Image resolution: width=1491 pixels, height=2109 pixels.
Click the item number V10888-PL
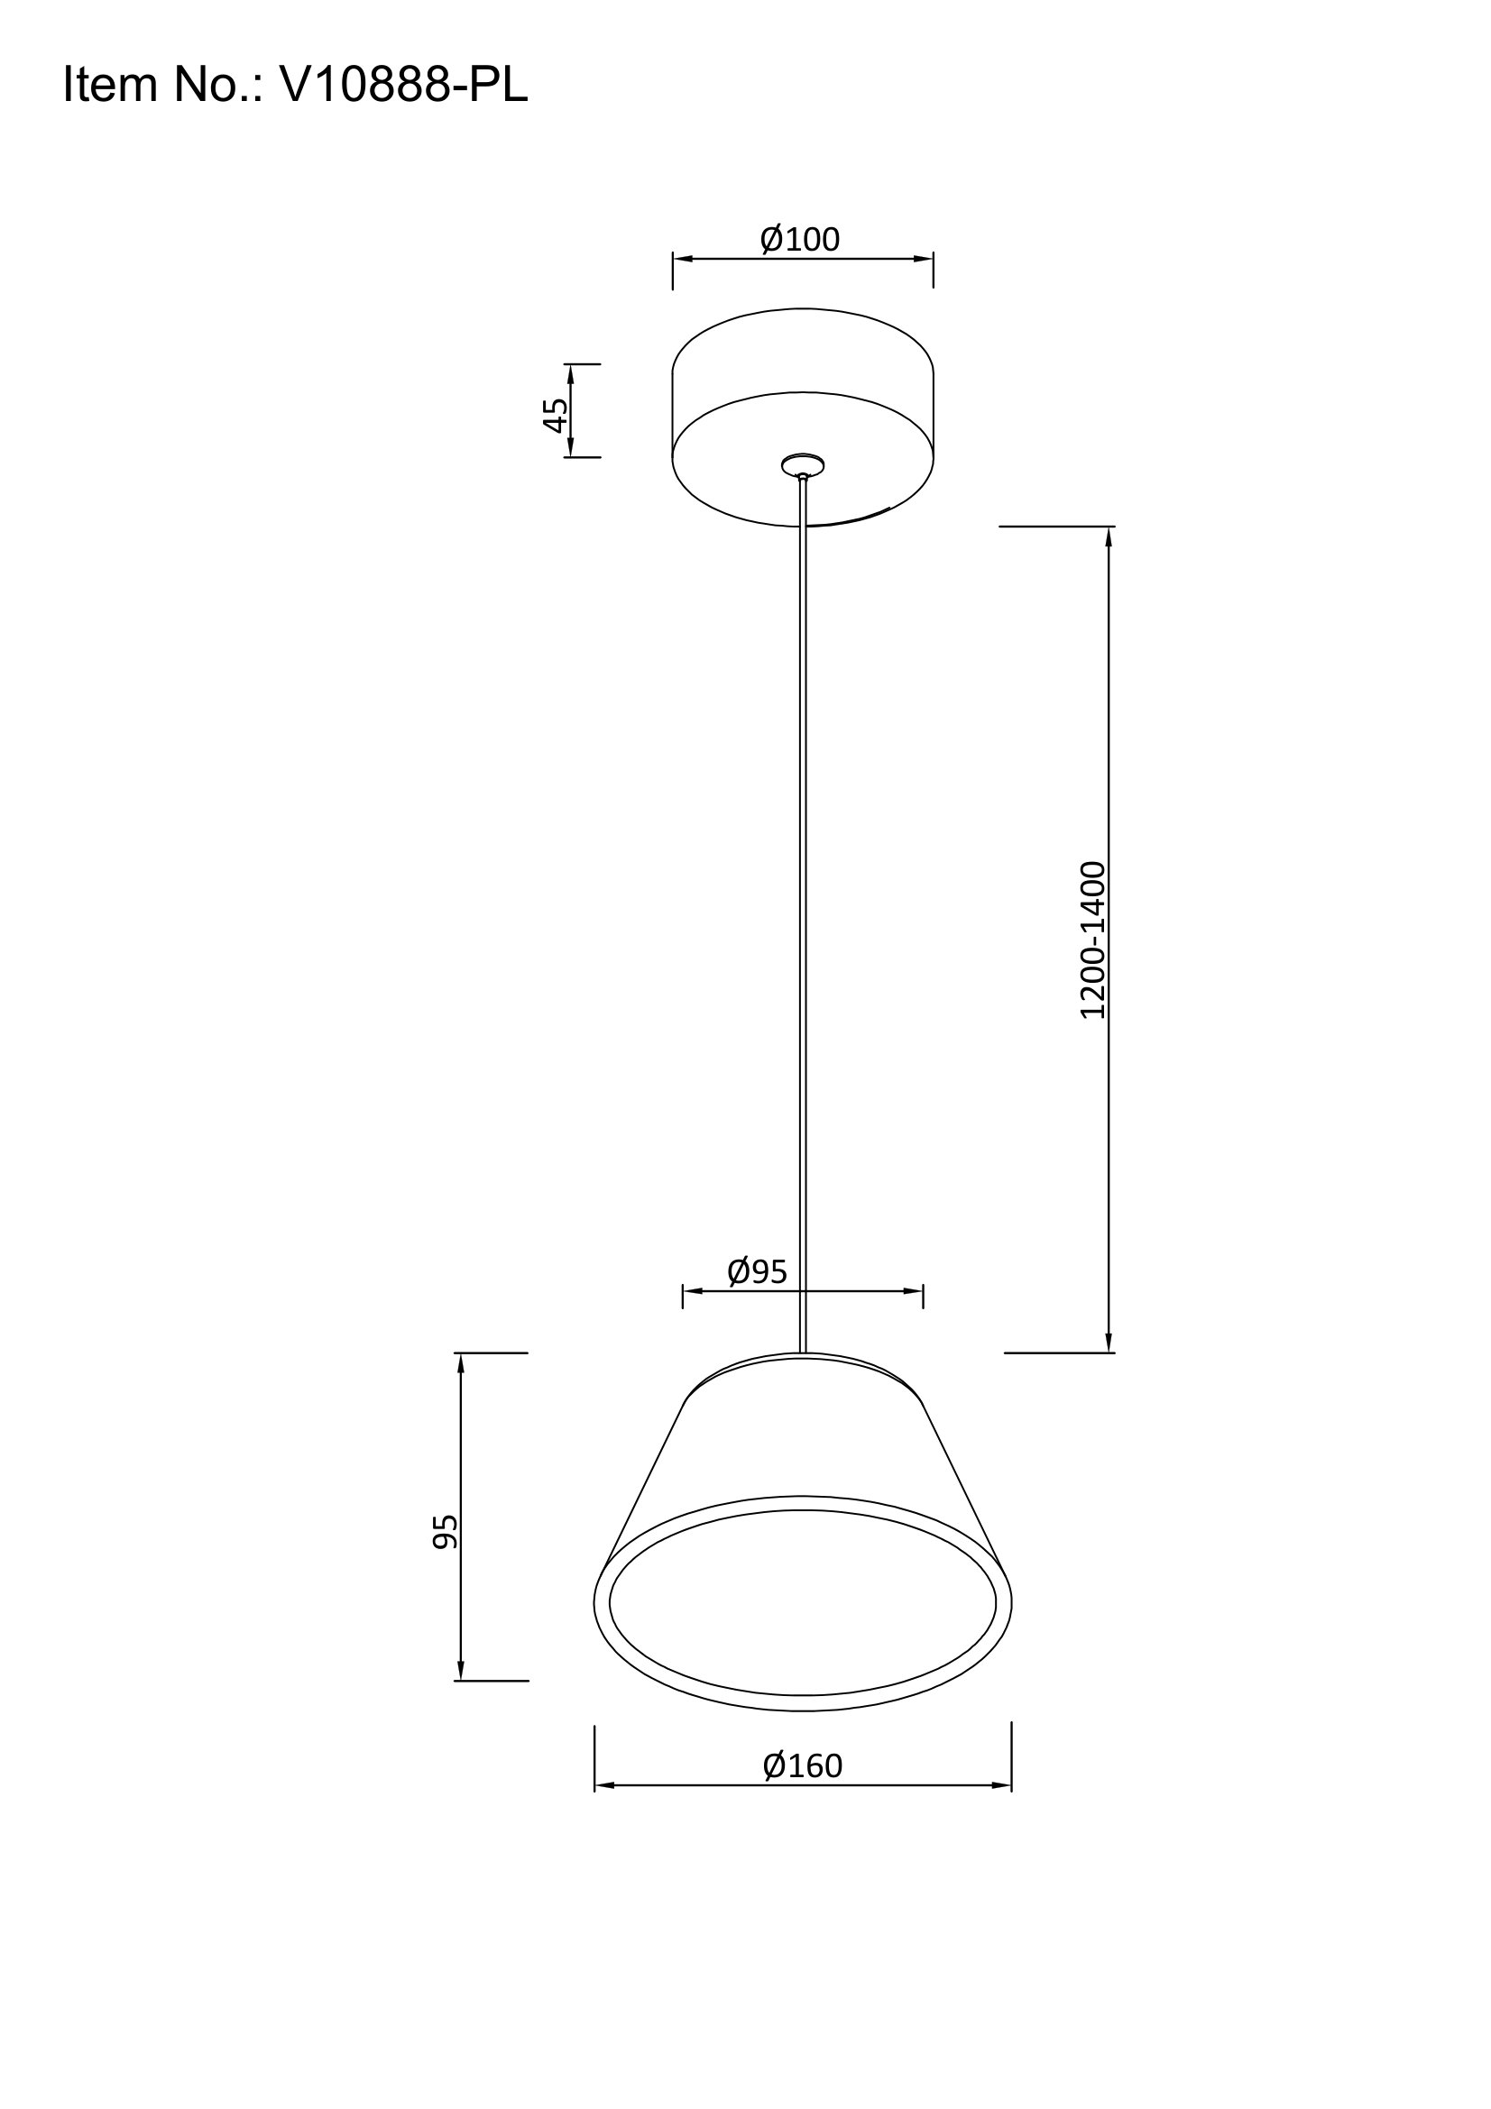(x=403, y=85)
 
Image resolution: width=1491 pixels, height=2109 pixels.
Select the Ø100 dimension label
(x=799, y=239)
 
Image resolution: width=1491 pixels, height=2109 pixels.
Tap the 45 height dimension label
(x=555, y=414)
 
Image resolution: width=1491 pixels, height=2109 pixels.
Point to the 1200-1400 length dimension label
(x=1092, y=940)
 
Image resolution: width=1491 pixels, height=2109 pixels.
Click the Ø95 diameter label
(x=757, y=1271)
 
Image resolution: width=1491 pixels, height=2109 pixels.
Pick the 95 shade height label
(x=445, y=1531)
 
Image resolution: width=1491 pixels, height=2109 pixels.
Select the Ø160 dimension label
(x=802, y=1765)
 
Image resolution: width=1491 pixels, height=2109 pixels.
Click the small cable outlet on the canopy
(x=803, y=465)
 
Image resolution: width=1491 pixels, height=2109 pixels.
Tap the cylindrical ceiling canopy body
(x=803, y=417)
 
